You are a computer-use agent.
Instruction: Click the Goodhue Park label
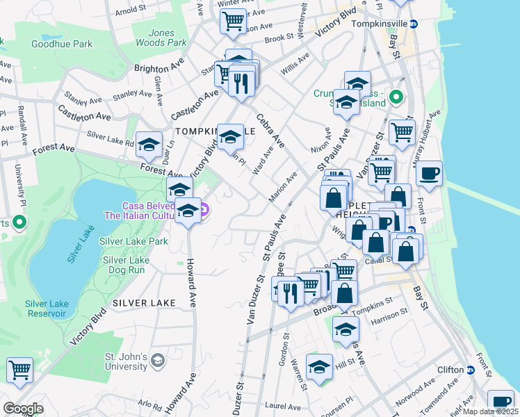pos(61,44)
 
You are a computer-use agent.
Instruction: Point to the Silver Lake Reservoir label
pos(47,308)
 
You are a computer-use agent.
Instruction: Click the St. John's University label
pos(126,361)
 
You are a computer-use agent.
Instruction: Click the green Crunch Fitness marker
pos(397,97)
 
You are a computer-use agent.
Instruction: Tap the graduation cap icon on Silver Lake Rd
pos(149,144)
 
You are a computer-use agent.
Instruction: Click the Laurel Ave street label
pos(282,407)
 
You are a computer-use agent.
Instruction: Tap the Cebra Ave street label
pos(270,131)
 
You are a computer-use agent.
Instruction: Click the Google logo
pos(23,409)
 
